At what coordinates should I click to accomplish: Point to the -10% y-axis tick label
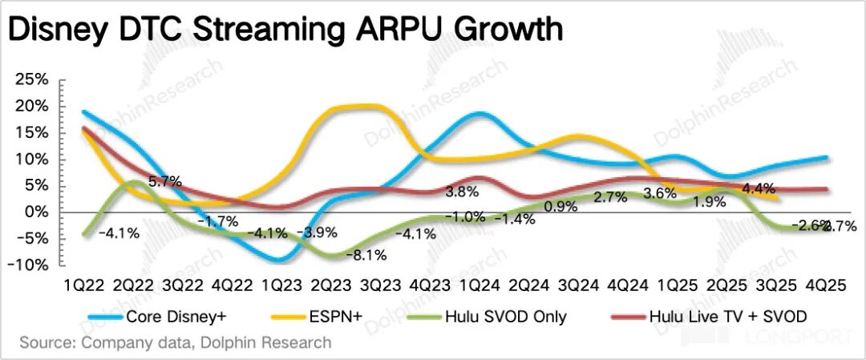click(30, 265)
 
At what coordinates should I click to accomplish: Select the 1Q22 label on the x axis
click(84, 285)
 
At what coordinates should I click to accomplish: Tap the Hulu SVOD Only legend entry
click(502, 316)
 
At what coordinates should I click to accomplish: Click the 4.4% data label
click(758, 189)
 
